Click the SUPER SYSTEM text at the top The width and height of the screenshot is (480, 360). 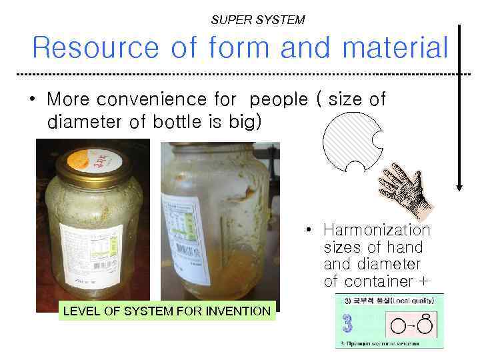pyautogui.click(x=257, y=20)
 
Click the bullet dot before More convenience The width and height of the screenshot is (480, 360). pyautogui.click(x=32, y=100)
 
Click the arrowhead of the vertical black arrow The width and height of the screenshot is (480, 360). pyautogui.click(x=459, y=186)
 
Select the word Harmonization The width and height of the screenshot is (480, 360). pyautogui.click(x=377, y=230)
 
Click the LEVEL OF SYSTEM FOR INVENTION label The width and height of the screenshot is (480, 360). pyautogui.click(x=167, y=311)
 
